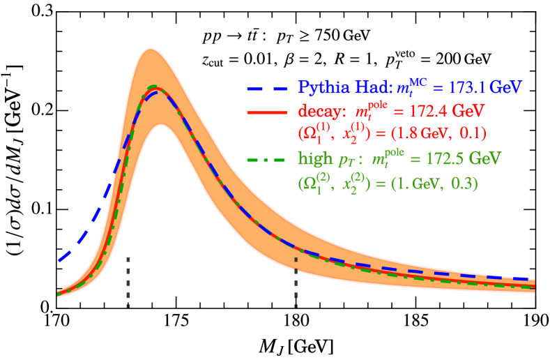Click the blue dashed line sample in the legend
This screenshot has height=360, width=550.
(267, 88)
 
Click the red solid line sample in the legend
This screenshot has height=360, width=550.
(267, 112)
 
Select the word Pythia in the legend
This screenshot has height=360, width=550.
(320, 88)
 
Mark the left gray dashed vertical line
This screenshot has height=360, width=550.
(128, 282)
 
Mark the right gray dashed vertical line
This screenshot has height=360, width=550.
(296, 282)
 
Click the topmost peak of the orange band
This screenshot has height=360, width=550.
(151, 48)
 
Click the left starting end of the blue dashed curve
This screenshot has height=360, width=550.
(59, 262)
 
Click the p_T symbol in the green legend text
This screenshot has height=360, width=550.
(347, 161)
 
